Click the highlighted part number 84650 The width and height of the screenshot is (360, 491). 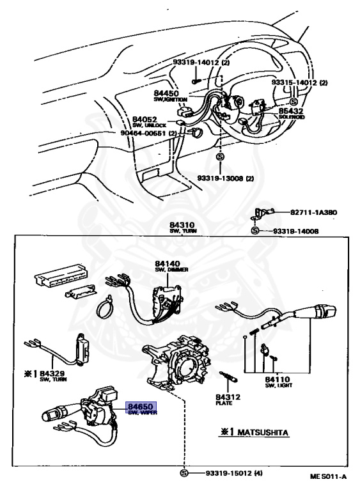point(141,406)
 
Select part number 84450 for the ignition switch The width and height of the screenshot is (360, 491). point(166,93)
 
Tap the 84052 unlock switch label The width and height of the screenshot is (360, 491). point(145,119)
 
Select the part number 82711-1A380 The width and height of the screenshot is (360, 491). point(313,212)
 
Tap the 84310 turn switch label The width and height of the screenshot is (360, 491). point(182,224)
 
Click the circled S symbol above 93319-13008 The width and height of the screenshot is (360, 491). point(220,157)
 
